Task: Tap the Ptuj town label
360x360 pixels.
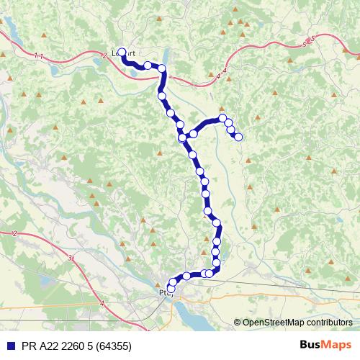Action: pos(166,293)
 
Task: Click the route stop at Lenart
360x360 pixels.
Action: pos(122,52)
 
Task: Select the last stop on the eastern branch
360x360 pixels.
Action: pos(238,137)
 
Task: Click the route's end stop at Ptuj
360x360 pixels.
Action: pos(171,288)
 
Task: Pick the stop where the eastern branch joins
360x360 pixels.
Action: pos(183,137)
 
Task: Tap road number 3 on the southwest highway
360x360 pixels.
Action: pos(70,257)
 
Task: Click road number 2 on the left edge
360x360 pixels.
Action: pos(14,233)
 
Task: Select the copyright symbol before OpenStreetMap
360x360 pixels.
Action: pos(237,323)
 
